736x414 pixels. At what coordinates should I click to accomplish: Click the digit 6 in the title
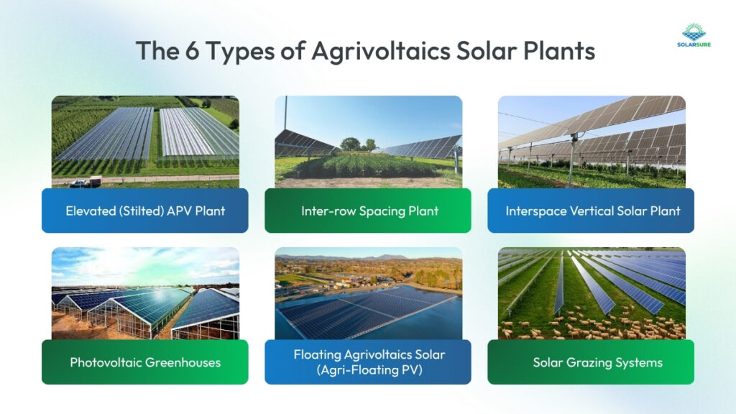click(194, 52)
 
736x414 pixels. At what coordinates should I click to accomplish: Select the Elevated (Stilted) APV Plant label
click(144, 211)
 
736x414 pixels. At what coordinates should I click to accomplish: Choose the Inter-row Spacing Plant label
click(367, 211)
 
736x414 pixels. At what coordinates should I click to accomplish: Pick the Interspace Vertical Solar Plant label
click(591, 211)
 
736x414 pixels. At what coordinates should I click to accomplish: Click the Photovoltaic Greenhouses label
click(144, 362)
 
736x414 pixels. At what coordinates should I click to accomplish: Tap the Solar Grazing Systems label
click(591, 362)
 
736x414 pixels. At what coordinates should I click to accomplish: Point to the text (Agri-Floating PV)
click(368, 369)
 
